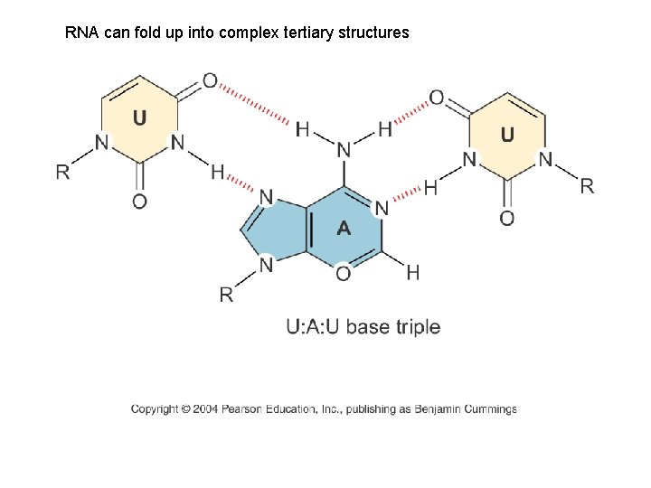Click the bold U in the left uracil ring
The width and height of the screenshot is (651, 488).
140,117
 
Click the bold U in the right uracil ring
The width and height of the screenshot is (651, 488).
507,135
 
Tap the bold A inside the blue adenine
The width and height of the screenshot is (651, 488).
344,230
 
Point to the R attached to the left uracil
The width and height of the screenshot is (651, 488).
62,172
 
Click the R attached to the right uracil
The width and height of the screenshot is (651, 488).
587,186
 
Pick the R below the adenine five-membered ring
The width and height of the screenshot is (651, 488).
226,295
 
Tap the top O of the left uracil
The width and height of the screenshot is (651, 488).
210,81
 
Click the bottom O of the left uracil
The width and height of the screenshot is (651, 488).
139,202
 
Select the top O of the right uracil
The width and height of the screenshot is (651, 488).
436,98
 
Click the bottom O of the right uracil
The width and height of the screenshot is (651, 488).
507,218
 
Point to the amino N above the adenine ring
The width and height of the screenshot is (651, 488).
344,149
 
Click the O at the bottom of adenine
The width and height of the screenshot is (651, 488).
343,273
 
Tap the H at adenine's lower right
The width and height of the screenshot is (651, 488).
412,271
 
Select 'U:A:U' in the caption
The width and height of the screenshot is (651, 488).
314,326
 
